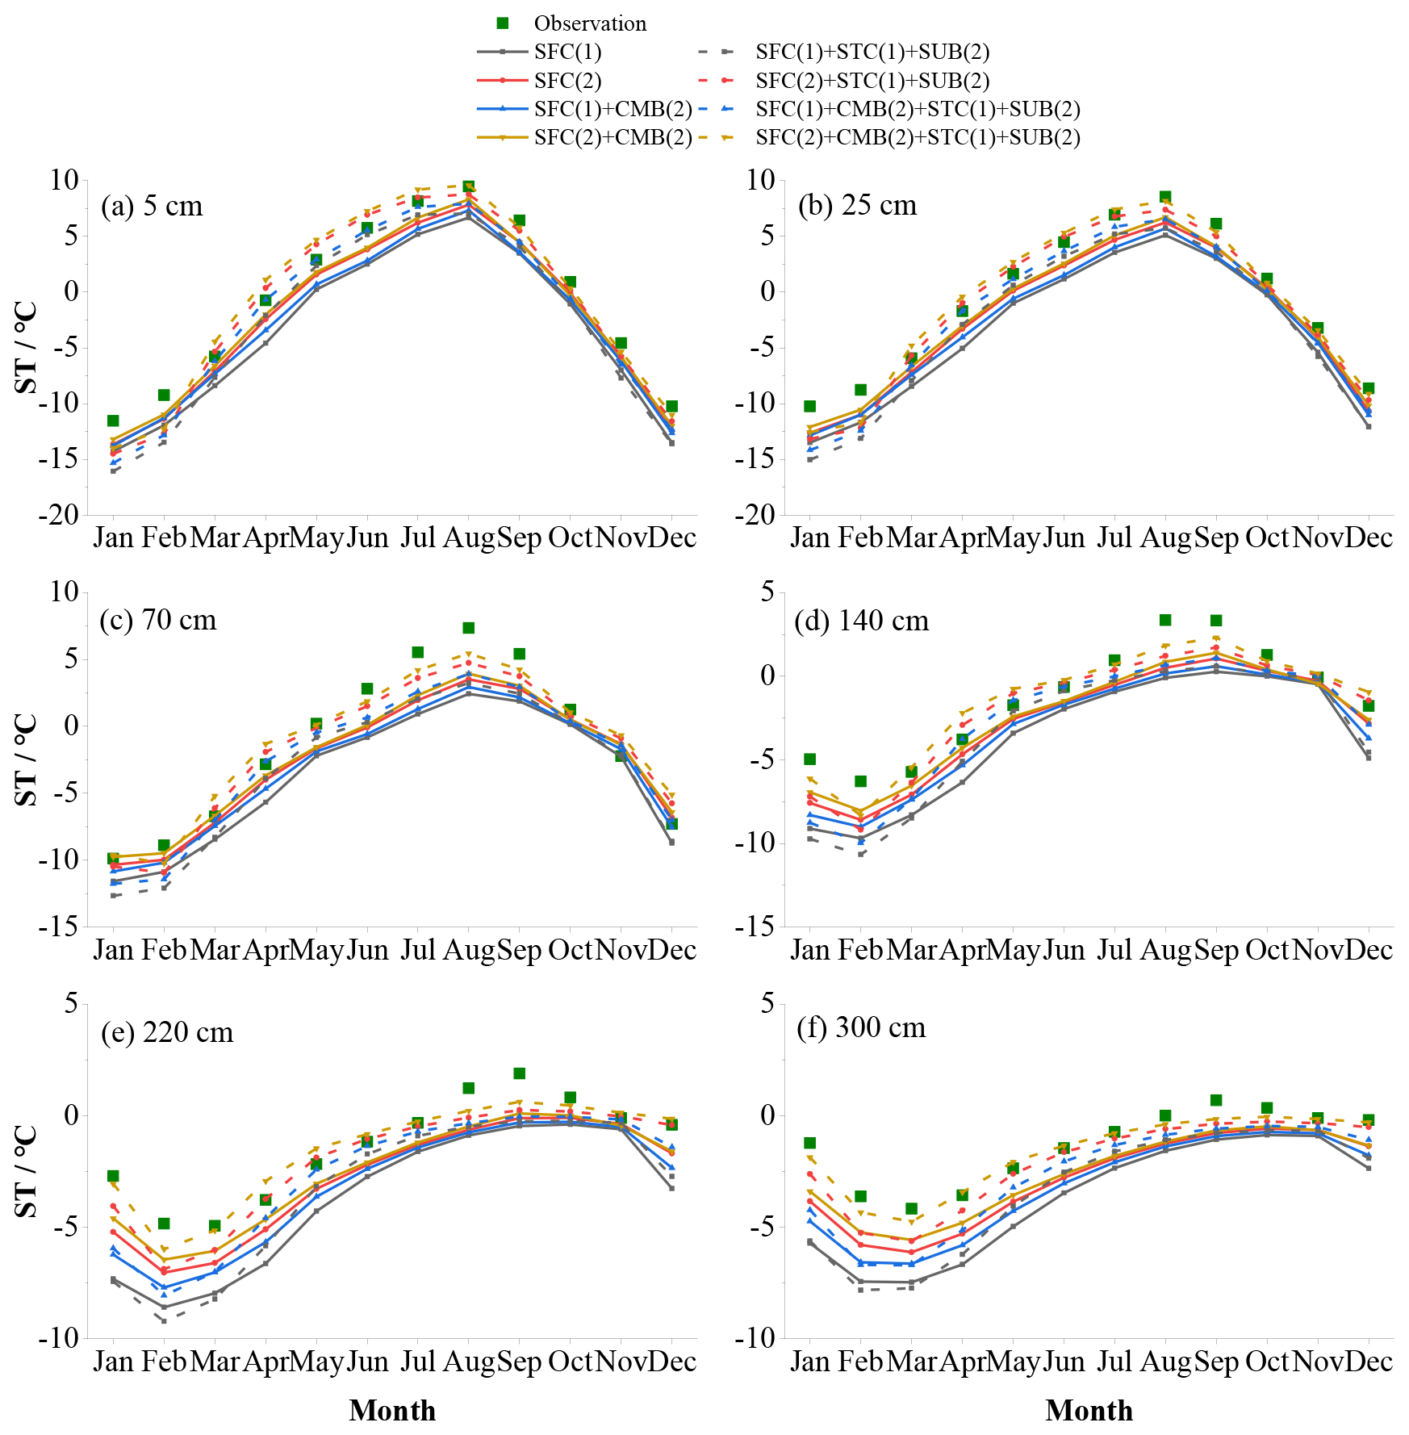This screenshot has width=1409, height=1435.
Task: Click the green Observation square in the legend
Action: [502, 23]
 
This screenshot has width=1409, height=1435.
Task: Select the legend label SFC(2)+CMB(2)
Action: [613, 137]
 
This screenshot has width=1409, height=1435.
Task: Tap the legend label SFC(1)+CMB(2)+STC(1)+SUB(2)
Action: [918, 109]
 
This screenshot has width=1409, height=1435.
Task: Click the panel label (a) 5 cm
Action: [152, 207]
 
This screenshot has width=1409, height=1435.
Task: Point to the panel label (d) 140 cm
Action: [861, 621]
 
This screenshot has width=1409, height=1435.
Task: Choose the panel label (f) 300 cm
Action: [860, 1027]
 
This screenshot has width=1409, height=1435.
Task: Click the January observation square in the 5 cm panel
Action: [113, 420]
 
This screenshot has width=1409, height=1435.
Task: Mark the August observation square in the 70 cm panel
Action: [468, 628]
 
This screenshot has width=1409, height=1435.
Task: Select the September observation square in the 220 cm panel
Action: [519, 1073]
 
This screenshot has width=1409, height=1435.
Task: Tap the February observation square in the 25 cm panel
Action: [860, 390]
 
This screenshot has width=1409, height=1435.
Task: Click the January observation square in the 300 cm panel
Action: [809, 1143]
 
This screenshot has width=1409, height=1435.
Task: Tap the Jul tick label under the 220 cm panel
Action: [417, 1362]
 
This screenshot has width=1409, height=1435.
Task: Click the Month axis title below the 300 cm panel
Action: [1089, 1411]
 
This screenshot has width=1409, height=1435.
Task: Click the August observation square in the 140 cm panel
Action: [1164, 620]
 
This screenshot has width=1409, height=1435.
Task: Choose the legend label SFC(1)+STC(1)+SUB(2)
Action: [872, 52]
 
